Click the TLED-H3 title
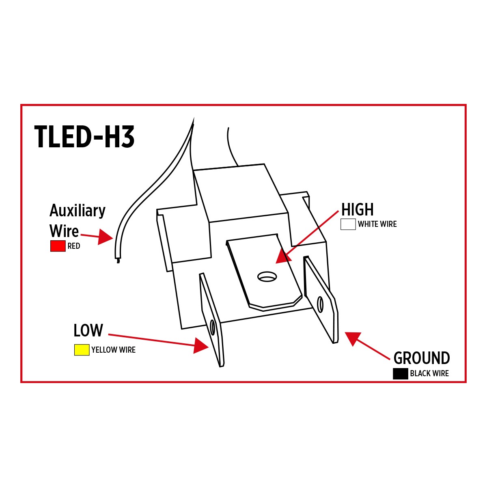coord(84,137)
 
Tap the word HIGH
coord(357,210)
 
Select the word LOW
coord(88,331)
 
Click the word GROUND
coord(422,358)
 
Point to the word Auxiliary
coord(78,211)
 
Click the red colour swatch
coord(58,246)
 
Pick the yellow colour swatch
coord(82,350)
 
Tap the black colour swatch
coord(400,374)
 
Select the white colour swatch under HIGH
coord(348,224)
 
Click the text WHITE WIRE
coord(377,224)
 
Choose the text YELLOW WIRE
coord(113,350)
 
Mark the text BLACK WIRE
coord(429,374)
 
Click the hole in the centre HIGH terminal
coord(267,277)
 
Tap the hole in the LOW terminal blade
coord(213,327)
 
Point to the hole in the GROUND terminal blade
coord(320,304)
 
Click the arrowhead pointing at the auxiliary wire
coord(106,237)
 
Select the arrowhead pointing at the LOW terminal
coord(201,345)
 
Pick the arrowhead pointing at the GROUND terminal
coord(353,338)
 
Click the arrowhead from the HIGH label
coord(284,256)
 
